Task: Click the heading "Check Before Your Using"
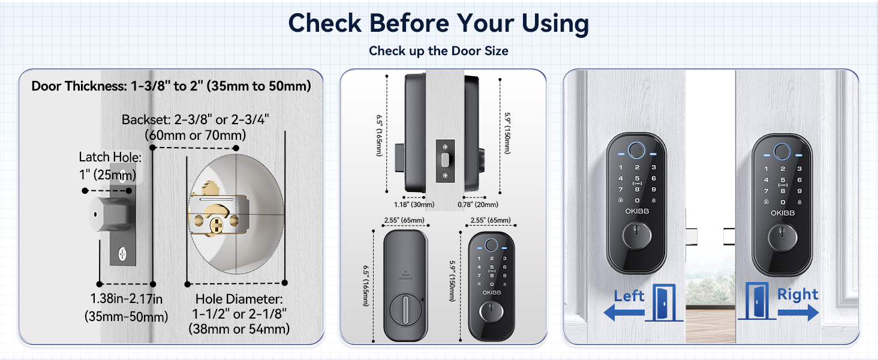click(x=438, y=23)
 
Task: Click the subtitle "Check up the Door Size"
click(x=438, y=51)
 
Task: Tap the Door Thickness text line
click(x=171, y=86)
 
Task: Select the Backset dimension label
click(x=195, y=127)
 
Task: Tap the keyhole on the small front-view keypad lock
click(x=491, y=313)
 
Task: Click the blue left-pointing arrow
click(x=624, y=312)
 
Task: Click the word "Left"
click(x=629, y=295)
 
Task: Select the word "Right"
click(x=798, y=294)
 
